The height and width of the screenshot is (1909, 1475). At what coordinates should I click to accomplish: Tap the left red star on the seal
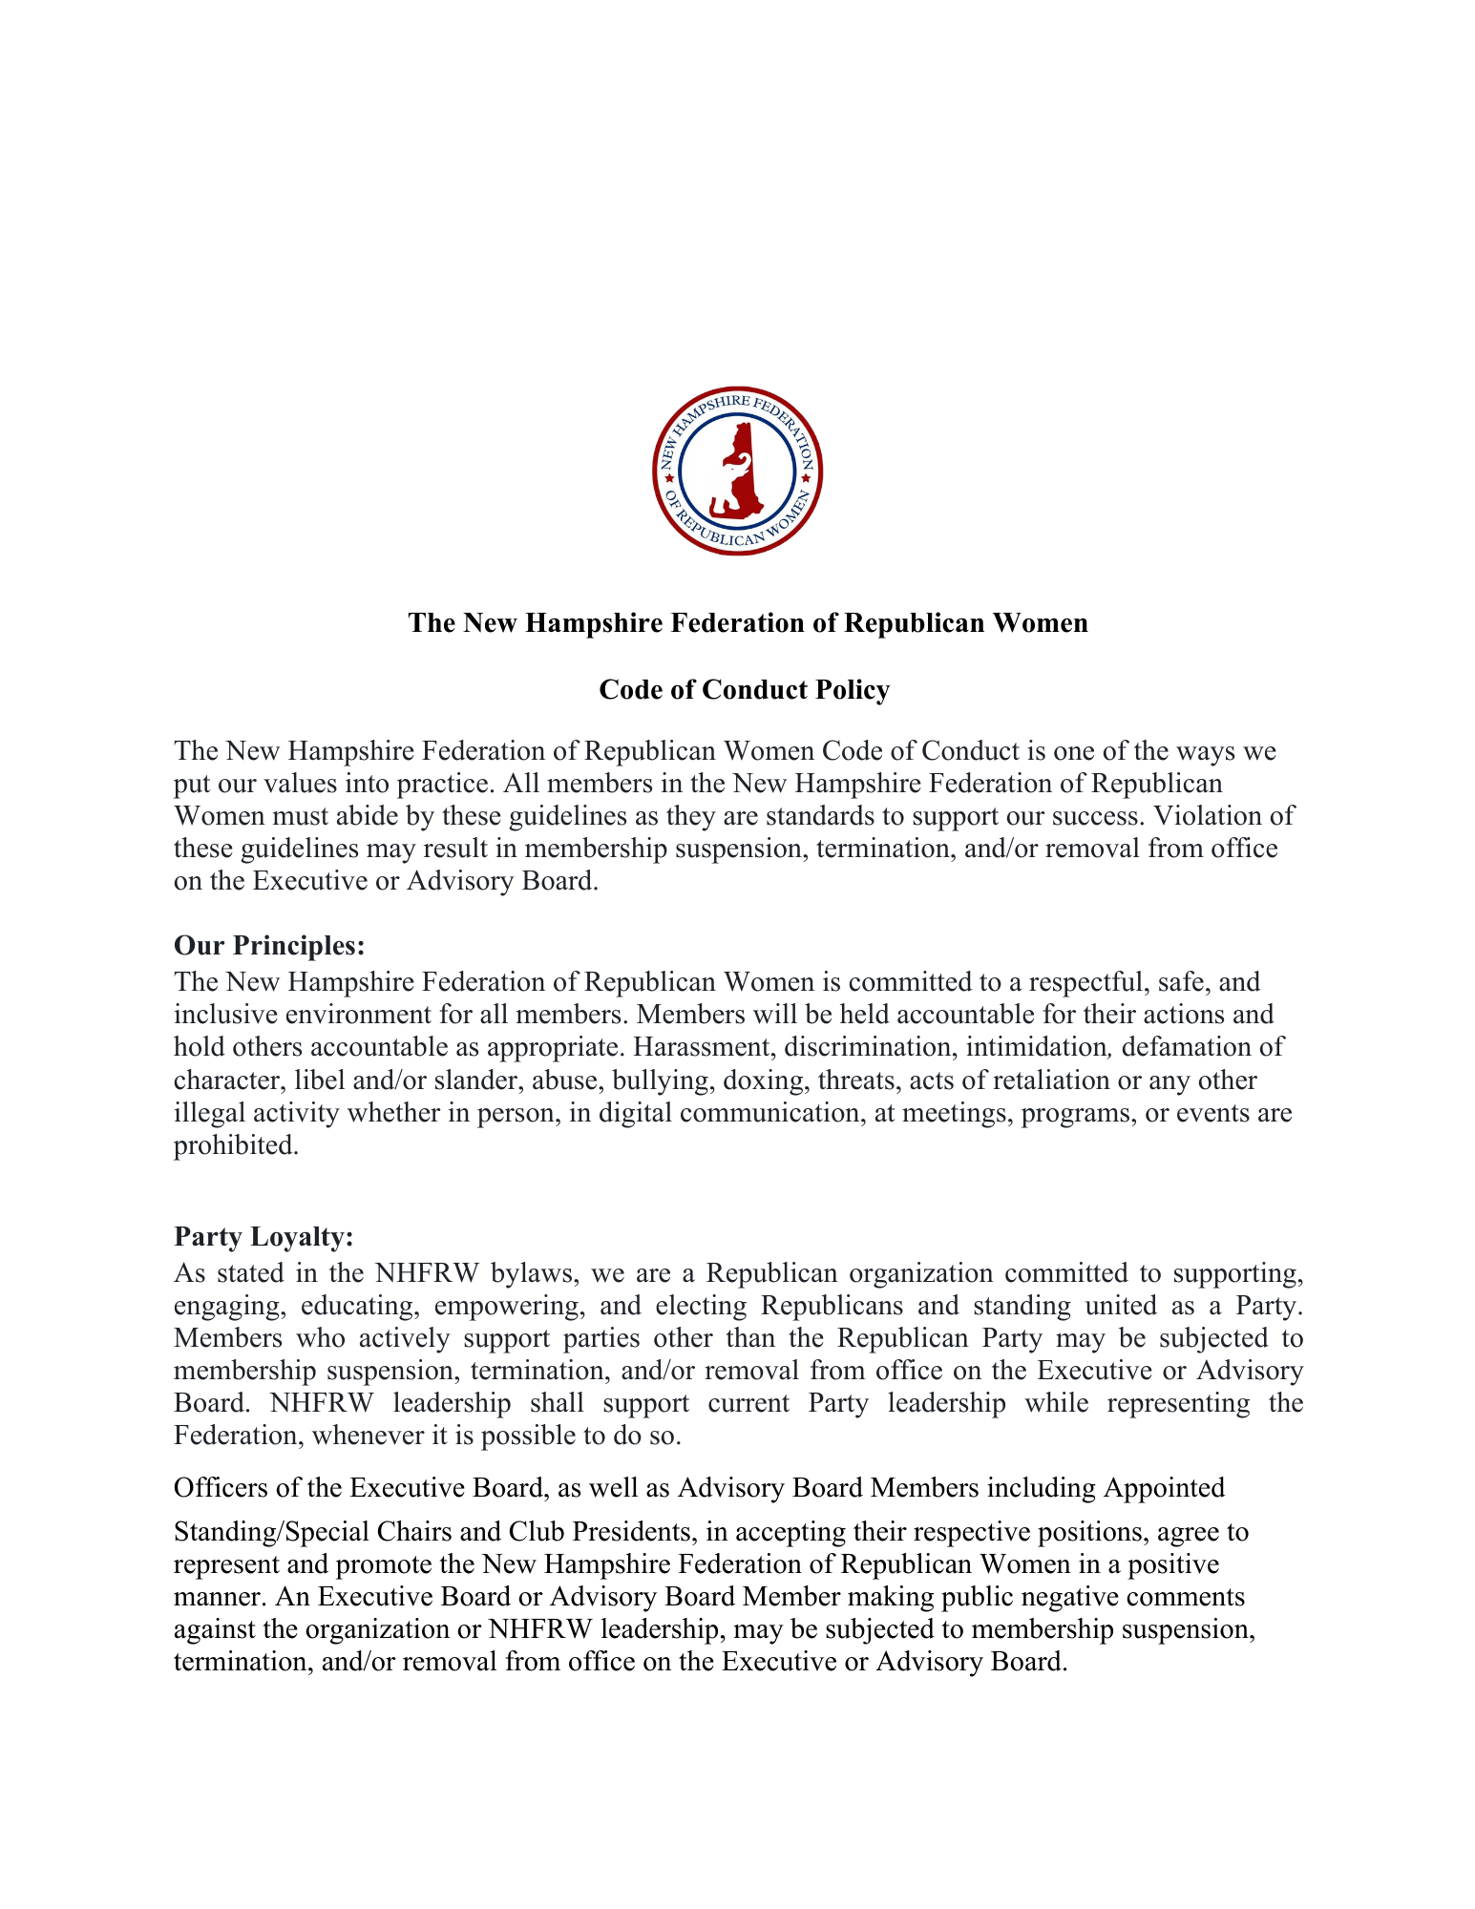click(x=669, y=477)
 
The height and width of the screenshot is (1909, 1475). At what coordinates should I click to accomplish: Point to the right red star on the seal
click(x=806, y=477)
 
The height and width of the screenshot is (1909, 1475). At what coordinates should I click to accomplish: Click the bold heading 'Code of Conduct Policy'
click(x=744, y=689)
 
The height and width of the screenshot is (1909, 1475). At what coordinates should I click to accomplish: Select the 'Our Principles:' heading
click(x=269, y=945)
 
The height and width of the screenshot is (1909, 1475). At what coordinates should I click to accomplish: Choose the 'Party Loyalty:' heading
click(x=263, y=1236)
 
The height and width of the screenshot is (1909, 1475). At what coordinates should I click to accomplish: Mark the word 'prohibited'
click(x=234, y=1144)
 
